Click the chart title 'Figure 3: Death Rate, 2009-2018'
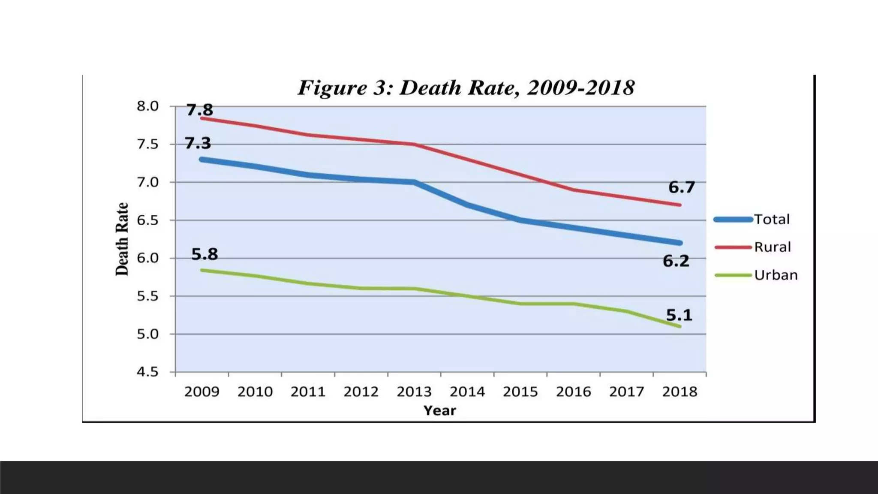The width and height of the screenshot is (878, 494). pyautogui.click(x=466, y=88)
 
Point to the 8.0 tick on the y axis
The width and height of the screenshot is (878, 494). pyautogui.click(x=147, y=106)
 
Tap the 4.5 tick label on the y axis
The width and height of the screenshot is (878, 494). pyautogui.click(x=147, y=372)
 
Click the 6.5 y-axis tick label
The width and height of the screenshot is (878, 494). pyautogui.click(x=147, y=220)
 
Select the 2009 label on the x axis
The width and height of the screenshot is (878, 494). pyautogui.click(x=201, y=392)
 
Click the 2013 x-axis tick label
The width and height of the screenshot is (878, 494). pyautogui.click(x=414, y=392)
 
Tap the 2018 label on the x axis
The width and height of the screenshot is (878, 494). pyautogui.click(x=680, y=392)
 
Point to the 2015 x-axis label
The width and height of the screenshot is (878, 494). pyautogui.click(x=520, y=392)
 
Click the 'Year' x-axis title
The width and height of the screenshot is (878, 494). pyautogui.click(x=440, y=410)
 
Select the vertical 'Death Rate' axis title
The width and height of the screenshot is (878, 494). pyautogui.click(x=122, y=239)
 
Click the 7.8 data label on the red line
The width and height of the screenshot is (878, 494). pyautogui.click(x=199, y=110)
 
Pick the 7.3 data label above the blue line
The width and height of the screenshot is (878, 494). pyautogui.click(x=198, y=143)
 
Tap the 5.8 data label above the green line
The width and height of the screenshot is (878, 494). pyautogui.click(x=204, y=254)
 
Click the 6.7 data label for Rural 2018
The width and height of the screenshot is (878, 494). pyautogui.click(x=681, y=187)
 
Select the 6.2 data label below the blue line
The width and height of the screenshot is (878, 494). pyautogui.click(x=676, y=261)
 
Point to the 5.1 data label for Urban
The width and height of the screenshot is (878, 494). pyautogui.click(x=679, y=315)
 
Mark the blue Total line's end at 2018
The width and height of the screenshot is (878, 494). pyautogui.click(x=680, y=243)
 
